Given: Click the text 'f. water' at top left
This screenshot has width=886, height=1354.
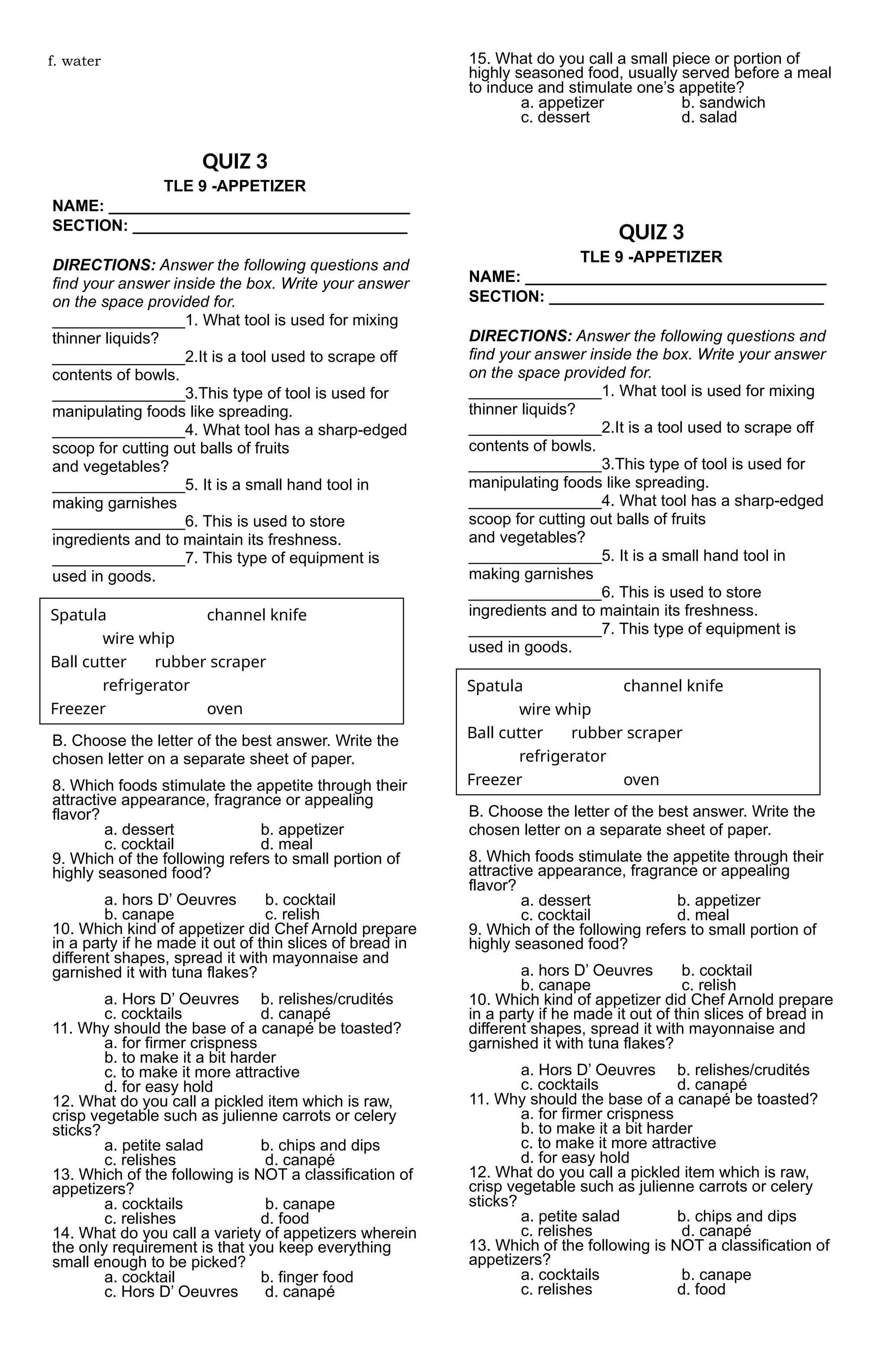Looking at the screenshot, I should (x=74, y=61).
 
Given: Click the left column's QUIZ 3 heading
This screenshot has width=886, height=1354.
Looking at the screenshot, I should (x=234, y=162).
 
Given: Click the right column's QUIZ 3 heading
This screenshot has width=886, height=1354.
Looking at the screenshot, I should (x=651, y=232).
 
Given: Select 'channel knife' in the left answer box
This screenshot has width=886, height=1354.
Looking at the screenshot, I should (x=256, y=615).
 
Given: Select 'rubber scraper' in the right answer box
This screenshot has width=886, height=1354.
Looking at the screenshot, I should (x=626, y=733).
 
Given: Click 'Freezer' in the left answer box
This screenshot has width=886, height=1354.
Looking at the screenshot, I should (x=78, y=709).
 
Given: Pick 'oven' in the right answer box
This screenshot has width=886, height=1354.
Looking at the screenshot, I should (x=641, y=779).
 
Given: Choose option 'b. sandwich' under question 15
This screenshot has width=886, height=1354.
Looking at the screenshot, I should (x=723, y=103).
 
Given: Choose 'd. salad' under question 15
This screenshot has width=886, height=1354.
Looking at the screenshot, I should (x=709, y=118).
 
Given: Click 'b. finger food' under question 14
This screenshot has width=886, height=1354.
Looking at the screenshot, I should (x=307, y=1277).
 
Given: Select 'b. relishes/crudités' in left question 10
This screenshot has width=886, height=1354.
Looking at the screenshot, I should (x=327, y=1000).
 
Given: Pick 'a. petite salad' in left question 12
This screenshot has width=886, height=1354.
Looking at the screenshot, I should (x=154, y=1145).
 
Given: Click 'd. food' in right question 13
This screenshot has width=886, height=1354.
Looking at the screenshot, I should (x=701, y=1289).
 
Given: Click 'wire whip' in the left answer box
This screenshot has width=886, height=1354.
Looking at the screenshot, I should (x=138, y=639).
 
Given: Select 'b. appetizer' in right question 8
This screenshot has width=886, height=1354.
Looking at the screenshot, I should (x=719, y=901).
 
